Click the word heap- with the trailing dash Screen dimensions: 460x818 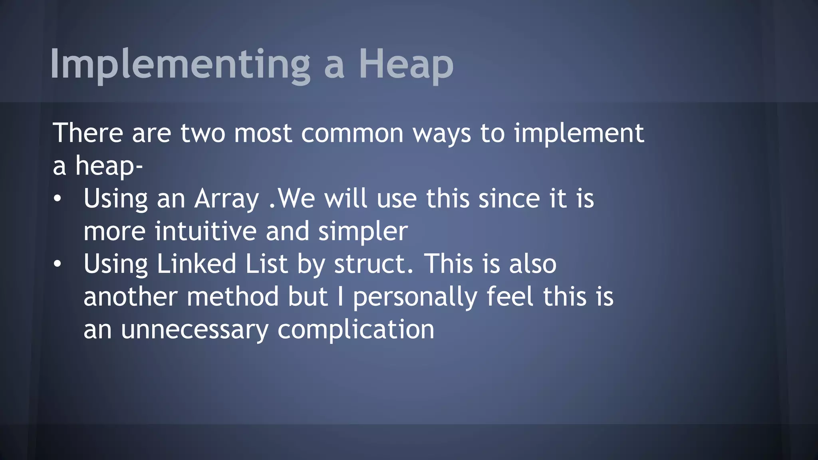(109, 166)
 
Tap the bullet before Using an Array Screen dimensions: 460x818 (58, 199)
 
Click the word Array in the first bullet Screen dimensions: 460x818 (226, 199)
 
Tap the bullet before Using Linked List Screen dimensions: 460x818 (58, 264)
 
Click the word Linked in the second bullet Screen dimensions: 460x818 (196, 264)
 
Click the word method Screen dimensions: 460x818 (232, 297)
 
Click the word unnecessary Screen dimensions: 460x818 (195, 331)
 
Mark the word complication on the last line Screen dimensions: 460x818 (356, 331)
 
